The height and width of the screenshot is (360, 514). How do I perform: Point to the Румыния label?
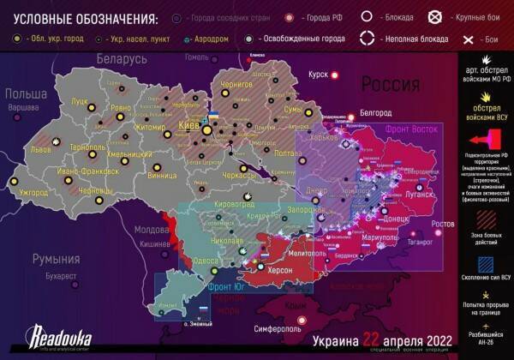[56, 259]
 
